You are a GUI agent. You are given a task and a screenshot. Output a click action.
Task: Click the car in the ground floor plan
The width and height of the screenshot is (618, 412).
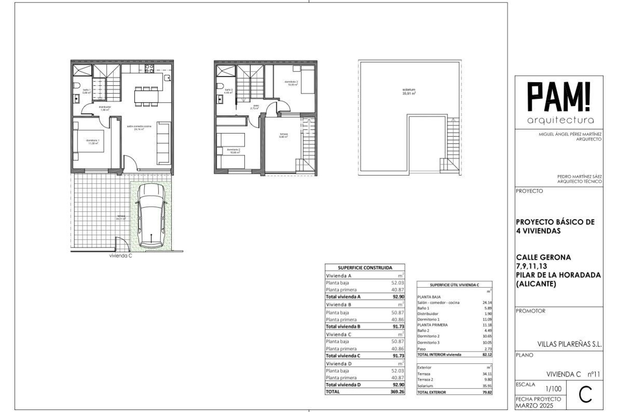[x=151, y=216]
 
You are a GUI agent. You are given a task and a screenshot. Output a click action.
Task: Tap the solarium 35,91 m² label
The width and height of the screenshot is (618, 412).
[x=409, y=92]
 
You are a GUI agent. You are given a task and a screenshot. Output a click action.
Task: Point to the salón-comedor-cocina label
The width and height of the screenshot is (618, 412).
[x=139, y=127]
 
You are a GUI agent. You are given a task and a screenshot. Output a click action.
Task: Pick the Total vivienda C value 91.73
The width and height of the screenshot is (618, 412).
[x=398, y=356]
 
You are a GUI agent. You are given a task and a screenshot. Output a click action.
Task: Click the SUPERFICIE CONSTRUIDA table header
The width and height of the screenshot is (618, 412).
[x=365, y=267]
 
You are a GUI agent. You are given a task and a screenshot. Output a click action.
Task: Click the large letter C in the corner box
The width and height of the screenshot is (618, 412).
[x=585, y=396]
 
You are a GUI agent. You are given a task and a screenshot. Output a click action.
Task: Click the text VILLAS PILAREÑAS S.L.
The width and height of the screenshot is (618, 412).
[x=569, y=344]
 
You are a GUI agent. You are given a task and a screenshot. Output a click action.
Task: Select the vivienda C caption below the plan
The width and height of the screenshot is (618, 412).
[x=121, y=256]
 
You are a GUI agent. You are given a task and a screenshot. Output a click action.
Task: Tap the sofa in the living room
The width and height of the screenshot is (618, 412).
[x=164, y=143]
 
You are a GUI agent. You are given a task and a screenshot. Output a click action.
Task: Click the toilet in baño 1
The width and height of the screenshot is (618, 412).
[x=77, y=86]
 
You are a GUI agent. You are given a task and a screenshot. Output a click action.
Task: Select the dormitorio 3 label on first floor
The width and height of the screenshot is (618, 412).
[x=291, y=83]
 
